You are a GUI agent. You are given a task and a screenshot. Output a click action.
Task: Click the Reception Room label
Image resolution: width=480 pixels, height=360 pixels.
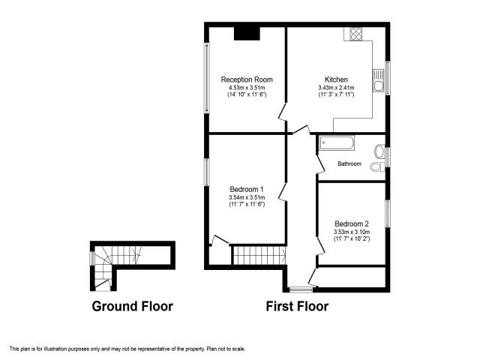(x=246, y=79)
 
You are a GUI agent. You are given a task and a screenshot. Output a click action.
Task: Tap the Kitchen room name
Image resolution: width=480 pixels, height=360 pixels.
(x=336, y=79)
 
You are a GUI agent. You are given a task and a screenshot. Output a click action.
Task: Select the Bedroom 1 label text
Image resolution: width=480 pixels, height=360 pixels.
(x=246, y=189)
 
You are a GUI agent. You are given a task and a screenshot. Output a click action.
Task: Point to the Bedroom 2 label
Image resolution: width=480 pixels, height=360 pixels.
(x=352, y=224)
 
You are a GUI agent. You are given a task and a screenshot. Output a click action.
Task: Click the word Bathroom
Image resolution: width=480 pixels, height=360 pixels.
(x=349, y=163)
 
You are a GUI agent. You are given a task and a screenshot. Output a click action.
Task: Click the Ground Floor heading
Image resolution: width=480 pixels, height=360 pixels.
(x=132, y=306)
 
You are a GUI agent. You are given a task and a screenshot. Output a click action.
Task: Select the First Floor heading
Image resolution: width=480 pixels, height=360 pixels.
(x=297, y=306)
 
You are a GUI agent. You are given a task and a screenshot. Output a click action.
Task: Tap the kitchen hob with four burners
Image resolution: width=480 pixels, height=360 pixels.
(x=353, y=34)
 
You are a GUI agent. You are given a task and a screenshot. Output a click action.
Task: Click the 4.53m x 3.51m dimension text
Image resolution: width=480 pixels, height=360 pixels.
(x=246, y=88)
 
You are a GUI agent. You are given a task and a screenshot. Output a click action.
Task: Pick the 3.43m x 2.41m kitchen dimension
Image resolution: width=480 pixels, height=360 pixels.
(x=336, y=88)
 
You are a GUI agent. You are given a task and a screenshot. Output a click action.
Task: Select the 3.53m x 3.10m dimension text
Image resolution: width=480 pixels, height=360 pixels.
(x=352, y=232)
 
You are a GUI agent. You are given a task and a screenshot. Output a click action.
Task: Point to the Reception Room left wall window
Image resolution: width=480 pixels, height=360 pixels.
(x=207, y=79)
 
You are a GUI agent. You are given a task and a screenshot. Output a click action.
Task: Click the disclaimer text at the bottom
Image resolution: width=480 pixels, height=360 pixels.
(x=127, y=349)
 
